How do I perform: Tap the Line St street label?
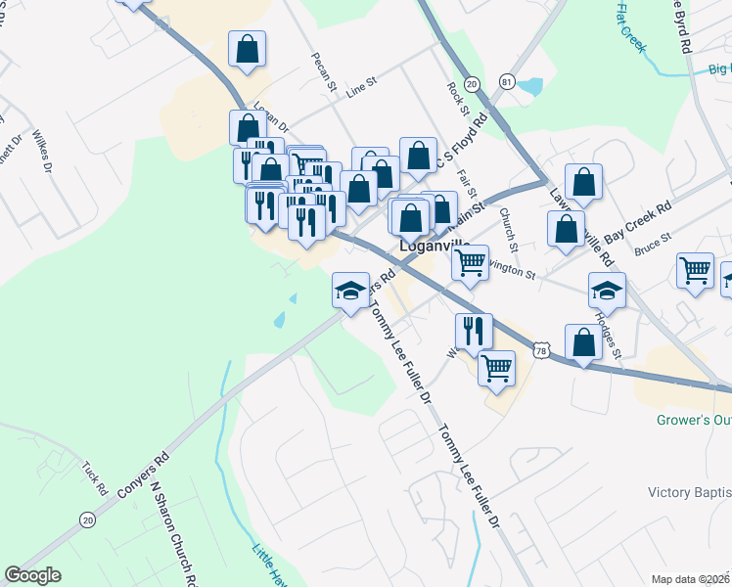point(361,90)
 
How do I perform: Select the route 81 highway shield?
point(506,81)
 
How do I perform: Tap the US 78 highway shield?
point(542,348)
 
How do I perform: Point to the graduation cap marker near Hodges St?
point(607,289)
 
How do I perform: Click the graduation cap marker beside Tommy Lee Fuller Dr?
point(350,289)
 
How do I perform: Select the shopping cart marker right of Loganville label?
point(470,261)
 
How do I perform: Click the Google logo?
point(32,575)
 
